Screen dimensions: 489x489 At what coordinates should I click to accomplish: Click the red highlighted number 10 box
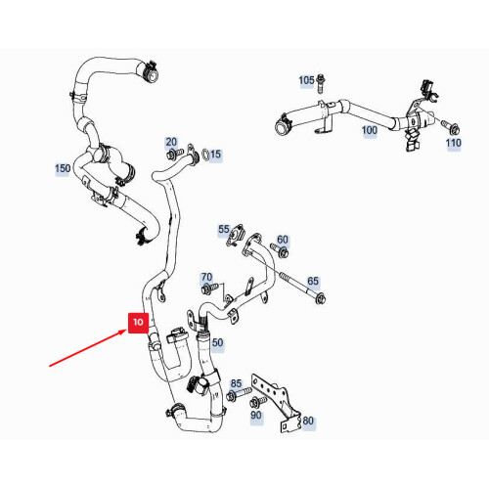tap(138, 323)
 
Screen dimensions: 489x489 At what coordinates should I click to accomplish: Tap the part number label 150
tap(63, 168)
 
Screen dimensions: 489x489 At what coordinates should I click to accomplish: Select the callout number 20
tap(171, 142)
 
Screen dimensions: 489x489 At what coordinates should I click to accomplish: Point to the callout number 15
tap(215, 155)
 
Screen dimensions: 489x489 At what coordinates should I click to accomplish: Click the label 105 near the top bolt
tap(306, 80)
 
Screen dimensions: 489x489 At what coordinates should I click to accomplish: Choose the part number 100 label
tap(370, 130)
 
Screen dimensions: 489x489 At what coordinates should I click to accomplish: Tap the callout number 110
tap(454, 143)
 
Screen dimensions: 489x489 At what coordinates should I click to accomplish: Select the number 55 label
tap(224, 229)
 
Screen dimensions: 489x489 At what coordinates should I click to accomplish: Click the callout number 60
tap(283, 240)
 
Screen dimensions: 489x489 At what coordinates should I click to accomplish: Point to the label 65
tap(313, 281)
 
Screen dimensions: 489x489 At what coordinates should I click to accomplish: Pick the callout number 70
tap(206, 277)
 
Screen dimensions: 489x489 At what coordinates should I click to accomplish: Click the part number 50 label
tap(217, 342)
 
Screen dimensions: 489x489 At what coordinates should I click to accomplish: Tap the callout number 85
tap(236, 383)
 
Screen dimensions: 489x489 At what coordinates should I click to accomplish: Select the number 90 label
tap(256, 416)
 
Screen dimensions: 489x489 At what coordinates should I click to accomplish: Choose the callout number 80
tap(308, 421)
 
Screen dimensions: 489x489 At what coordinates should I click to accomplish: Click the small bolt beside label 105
tap(320, 84)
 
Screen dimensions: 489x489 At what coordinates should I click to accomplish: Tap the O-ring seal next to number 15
tap(205, 155)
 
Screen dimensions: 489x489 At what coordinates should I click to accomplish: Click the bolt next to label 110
tap(451, 128)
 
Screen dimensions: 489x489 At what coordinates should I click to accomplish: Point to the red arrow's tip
tap(127, 331)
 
